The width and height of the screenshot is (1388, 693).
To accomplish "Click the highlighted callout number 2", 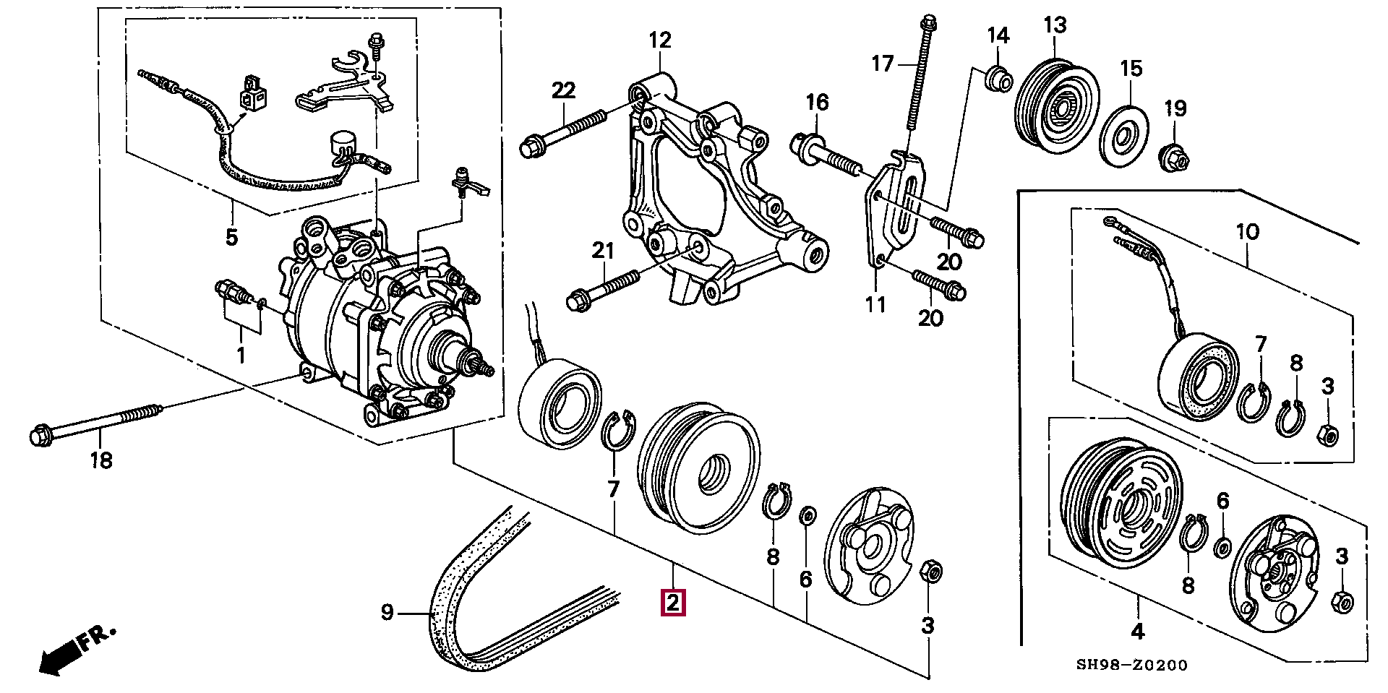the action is point(673,603).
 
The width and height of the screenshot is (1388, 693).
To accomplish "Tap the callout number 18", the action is point(101,460).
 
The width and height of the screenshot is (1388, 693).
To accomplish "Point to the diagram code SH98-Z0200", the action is point(1131,665).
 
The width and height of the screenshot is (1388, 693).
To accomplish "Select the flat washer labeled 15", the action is point(1125,135).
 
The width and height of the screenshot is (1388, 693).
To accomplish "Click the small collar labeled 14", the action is point(998,78).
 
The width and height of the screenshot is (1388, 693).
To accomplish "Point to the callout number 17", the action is point(883,64).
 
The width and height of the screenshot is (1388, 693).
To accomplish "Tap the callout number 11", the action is point(875,305).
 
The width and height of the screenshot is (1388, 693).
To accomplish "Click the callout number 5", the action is point(231,236).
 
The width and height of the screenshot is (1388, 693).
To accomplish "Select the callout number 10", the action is point(1248,232).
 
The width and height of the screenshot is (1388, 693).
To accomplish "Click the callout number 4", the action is point(1138,632).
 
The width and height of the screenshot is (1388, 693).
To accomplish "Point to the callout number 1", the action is point(241,355).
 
